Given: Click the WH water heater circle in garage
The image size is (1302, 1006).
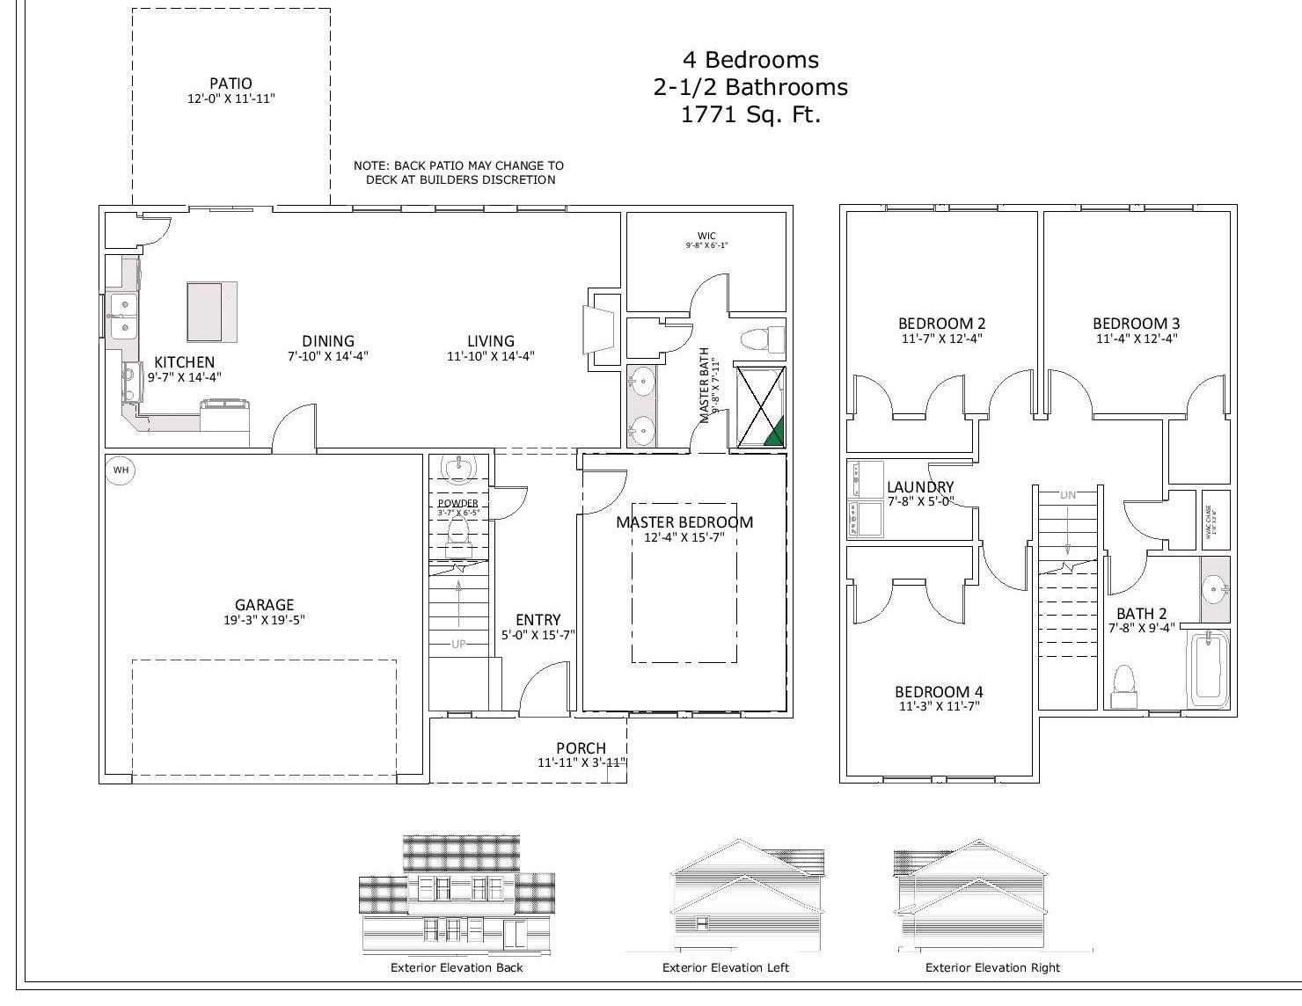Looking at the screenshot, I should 121,470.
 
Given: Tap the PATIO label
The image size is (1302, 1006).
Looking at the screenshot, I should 230,84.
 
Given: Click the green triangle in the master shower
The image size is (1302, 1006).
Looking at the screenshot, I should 774,431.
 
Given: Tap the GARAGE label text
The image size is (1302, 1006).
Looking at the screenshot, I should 264,605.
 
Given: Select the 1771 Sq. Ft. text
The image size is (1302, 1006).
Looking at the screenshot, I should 750,114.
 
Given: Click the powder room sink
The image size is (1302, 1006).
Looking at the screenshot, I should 457,470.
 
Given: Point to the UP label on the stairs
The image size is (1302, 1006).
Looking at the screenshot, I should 458,644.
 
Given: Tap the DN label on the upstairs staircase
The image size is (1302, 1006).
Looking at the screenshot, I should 1068,495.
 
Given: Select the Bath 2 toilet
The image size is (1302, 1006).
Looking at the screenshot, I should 1123,683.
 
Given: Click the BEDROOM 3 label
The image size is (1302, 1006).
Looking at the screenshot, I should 1136,324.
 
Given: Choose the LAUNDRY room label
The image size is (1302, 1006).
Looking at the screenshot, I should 920,487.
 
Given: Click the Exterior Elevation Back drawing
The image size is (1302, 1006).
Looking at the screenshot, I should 457,895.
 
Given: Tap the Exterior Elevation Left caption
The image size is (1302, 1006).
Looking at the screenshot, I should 725,967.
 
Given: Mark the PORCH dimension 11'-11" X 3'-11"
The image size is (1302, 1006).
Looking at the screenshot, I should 581,763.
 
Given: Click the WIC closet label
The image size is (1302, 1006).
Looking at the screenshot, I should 706,236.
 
